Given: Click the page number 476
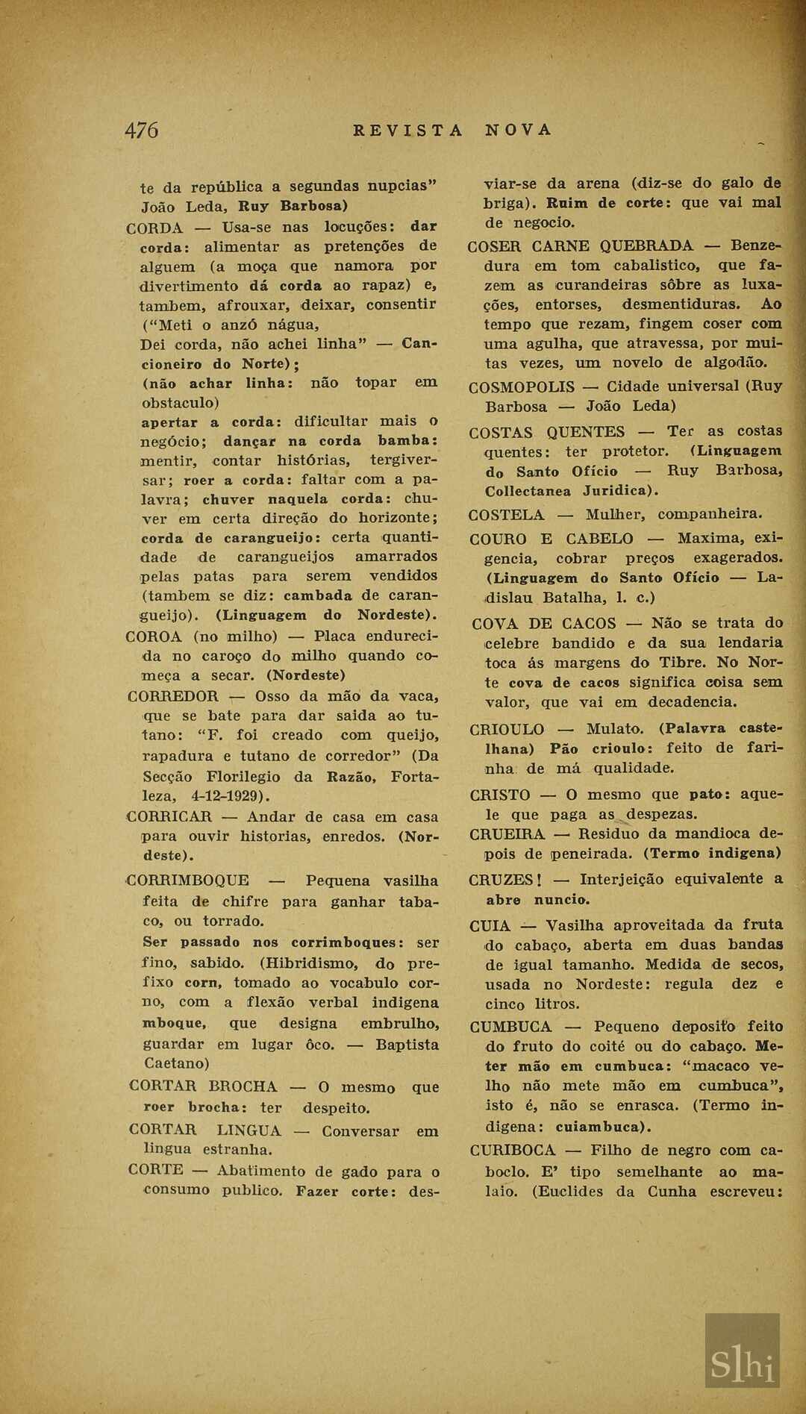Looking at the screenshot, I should coord(141,131).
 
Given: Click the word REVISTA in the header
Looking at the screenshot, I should coord(407,131).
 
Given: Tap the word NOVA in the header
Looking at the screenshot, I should coord(519,130).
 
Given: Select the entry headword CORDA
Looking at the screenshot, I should coord(154,228).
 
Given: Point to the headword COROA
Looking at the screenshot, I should coord(154,636).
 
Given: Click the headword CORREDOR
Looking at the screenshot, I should coord(173,696).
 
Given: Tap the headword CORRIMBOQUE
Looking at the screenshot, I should coord(189,880).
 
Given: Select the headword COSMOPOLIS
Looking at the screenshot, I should coord(522,387).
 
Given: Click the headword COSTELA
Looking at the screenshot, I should coord(507,515).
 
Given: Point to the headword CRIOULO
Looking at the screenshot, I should coord(507,730).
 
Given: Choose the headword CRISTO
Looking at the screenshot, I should coord(500,795).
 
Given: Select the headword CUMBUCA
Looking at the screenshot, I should coord(511,1027).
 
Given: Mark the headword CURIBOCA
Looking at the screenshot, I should coord(513,1151).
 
